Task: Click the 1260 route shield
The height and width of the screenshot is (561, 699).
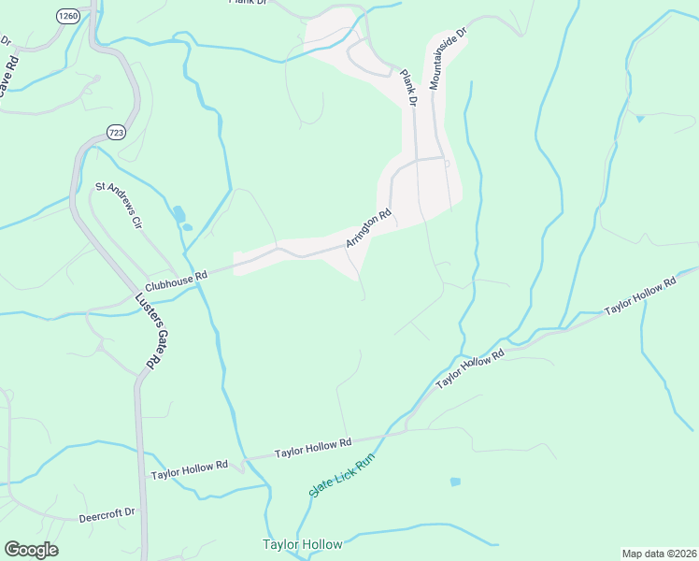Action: click(67, 16)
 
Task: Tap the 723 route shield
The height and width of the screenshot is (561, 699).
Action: click(117, 132)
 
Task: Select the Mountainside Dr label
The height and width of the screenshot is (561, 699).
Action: click(448, 59)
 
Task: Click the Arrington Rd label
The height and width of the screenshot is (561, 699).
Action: click(367, 229)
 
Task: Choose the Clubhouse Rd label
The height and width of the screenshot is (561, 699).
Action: click(175, 281)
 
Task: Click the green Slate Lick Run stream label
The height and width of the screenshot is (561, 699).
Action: click(341, 474)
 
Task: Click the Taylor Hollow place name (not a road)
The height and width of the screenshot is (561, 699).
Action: click(302, 544)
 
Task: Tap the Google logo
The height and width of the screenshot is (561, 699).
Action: click(31, 550)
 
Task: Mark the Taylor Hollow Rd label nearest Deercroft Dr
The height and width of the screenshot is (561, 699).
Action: click(190, 470)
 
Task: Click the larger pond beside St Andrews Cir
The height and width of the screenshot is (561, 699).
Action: click(178, 213)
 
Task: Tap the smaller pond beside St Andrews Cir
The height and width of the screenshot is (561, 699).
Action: click(187, 226)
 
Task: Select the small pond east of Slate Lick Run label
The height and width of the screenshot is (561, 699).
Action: click(455, 482)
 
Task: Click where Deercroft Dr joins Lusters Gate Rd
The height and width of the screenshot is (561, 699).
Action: click(140, 515)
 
